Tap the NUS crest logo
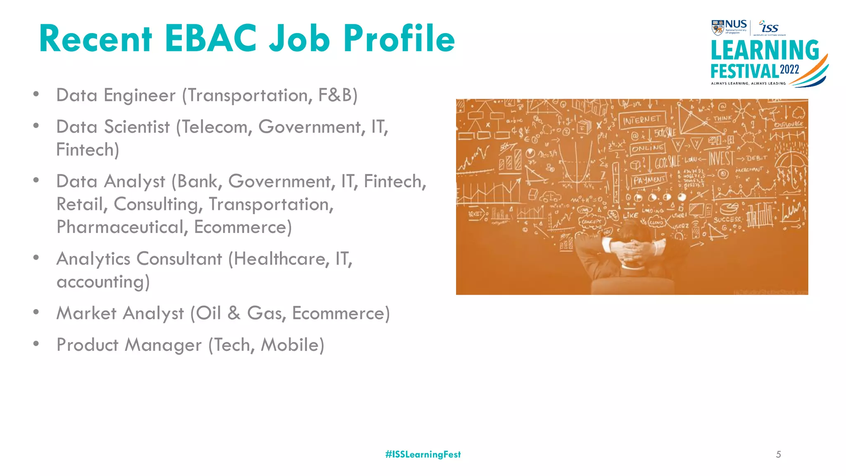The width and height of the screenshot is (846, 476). [718, 28]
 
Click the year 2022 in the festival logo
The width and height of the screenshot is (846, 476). [789, 69]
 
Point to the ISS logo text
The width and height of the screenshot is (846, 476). [770, 28]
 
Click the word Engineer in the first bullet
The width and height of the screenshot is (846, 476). [140, 95]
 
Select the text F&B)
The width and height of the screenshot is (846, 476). [337, 95]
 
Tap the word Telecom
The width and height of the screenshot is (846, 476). [214, 127]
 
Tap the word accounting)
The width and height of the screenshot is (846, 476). [103, 282]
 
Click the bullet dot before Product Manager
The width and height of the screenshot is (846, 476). [36, 343]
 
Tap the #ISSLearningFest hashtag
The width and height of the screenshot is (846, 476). [423, 455]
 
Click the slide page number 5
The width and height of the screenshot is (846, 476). [778, 455]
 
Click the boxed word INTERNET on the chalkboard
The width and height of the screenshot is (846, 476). [642, 120]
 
